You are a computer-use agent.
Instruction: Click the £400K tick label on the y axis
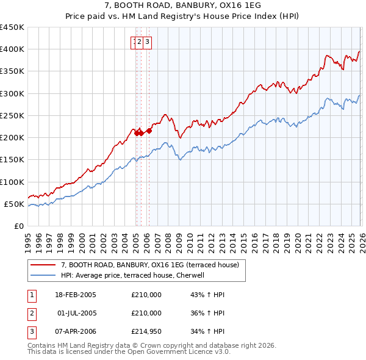(x=12, y=49)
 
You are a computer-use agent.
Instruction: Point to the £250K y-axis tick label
(x=12, y=115)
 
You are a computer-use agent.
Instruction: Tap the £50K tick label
(x=15, y=204)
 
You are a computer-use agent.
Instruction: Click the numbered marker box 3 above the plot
(x=148, y=41)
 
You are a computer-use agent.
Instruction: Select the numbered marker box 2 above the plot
(x=140, y=41)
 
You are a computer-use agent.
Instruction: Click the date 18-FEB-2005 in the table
(x=76, y=295)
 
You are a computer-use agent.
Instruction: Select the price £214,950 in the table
(x=146, y=331)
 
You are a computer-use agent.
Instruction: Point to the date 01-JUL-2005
(x=76, y=313)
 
